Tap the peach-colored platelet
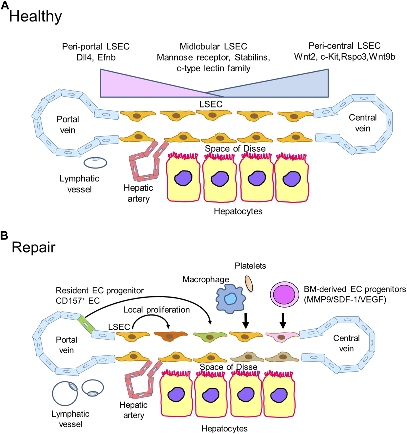pos(249,283)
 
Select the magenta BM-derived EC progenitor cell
pos(285,295)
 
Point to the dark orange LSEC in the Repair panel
pos(170,335)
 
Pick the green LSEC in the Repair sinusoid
pos(210,336)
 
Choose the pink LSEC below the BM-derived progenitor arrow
pos(282,336)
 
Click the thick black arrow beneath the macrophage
pos(246,320)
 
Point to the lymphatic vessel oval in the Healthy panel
pos(95,162)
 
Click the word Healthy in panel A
pos(35,16)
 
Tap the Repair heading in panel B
pos(34,247)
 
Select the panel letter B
pos(4,235)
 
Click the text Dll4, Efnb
pos(96,57)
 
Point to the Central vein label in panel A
pos(362,123)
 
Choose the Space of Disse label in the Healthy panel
pos(235,148)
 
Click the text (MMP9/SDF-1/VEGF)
pos(345,299)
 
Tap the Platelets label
pos(250,266)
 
